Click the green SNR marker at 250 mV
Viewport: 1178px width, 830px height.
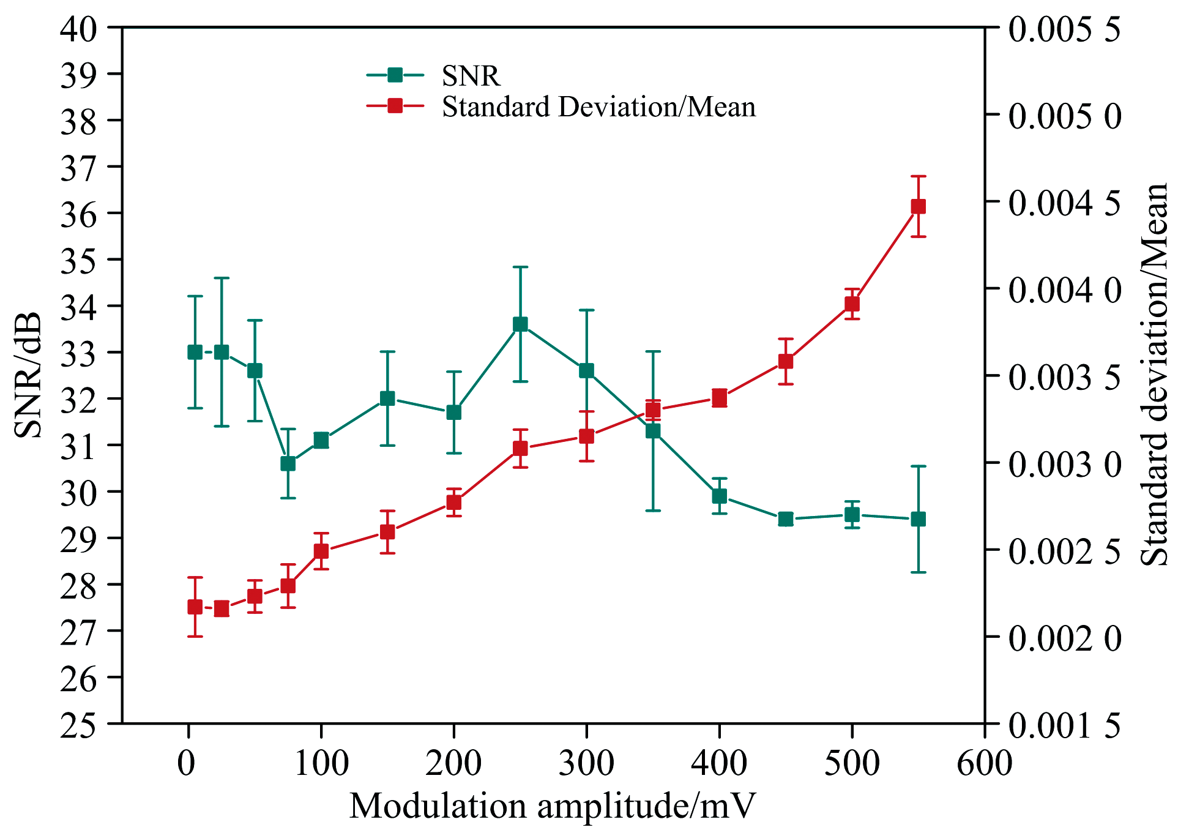(520, 324)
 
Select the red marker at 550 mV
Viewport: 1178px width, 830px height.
(918, 207)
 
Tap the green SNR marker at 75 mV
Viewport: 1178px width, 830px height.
(288, 464)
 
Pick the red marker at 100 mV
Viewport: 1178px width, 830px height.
(321, 551)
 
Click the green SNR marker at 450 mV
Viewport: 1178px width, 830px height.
(786, 520)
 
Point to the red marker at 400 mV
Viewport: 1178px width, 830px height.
(720, 398)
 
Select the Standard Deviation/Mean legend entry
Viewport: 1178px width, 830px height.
(598, 107)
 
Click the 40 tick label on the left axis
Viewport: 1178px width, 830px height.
(78, 29)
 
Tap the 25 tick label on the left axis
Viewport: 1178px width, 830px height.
(78, 725)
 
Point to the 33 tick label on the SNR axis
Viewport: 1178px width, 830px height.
(78, 353)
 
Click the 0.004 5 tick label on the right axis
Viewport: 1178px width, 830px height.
(1065, 203)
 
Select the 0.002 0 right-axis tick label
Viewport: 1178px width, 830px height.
(1065, 638)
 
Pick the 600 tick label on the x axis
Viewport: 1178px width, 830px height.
(985, 763)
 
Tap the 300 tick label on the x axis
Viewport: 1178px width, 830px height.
(586, 763)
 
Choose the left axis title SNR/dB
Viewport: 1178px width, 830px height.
(28, 375)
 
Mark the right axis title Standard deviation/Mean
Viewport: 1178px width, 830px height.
(1155, 375)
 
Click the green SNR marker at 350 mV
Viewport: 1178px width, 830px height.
(653, 431)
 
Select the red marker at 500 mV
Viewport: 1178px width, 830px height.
(852, 304)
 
